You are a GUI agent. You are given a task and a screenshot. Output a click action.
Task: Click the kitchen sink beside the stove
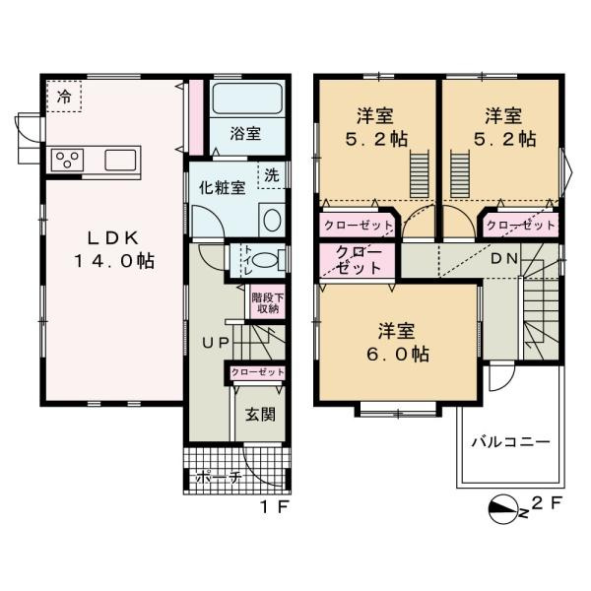pos(120,161)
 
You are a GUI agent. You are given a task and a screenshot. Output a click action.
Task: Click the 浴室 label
pos(246,134)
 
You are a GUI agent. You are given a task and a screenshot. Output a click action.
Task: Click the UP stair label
pos(218,342)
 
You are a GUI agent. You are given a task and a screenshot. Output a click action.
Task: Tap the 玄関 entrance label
pos(259,414)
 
